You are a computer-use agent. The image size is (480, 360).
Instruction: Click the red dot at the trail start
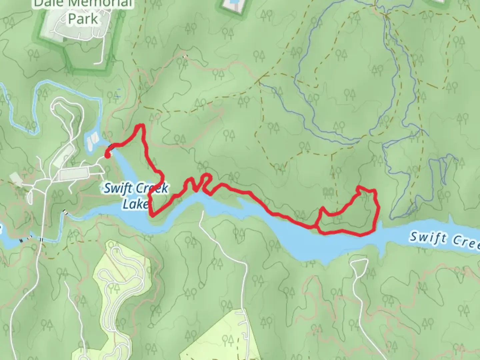(x=107, y=155)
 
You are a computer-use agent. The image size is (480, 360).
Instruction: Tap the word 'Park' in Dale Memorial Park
(x=83, y=19)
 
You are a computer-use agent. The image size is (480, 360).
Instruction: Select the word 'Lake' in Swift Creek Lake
(x=135, y=204)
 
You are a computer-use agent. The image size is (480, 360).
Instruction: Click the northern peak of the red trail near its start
(x=141, y=126)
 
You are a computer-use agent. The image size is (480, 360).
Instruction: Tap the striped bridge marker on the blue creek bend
(x=65, y=212)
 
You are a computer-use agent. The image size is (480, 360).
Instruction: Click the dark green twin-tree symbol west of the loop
(x=328, y=191)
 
